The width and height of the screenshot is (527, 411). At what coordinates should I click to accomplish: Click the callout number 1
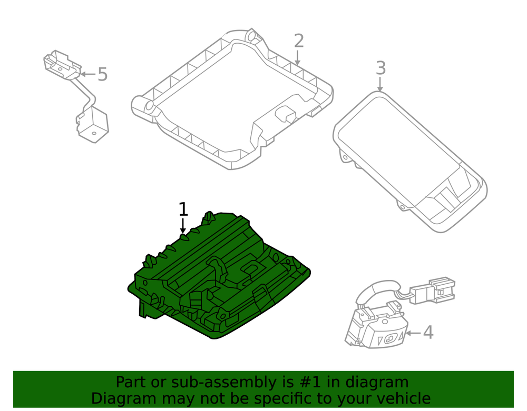pos(183,209)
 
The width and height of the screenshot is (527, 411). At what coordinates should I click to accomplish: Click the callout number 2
pos(298,41)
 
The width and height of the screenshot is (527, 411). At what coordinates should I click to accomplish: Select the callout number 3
pos(380,68)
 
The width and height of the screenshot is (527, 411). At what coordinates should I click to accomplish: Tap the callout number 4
pos(428,333)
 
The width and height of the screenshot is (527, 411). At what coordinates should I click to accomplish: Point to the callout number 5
pos(103,75)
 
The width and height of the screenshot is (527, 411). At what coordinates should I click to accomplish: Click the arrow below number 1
pos(183,226)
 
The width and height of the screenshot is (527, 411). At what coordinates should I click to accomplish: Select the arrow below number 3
pos(380,84)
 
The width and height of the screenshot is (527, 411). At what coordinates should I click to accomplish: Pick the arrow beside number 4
pos(413,333)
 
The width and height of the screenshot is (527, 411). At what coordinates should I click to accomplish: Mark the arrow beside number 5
pos(88,74)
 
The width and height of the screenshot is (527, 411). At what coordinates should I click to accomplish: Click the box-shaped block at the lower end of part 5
pos(92,124)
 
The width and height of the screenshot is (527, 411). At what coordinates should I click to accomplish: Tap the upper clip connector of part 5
pos(63,65)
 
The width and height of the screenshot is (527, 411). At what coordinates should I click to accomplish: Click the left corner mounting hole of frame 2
pos(148,106)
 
